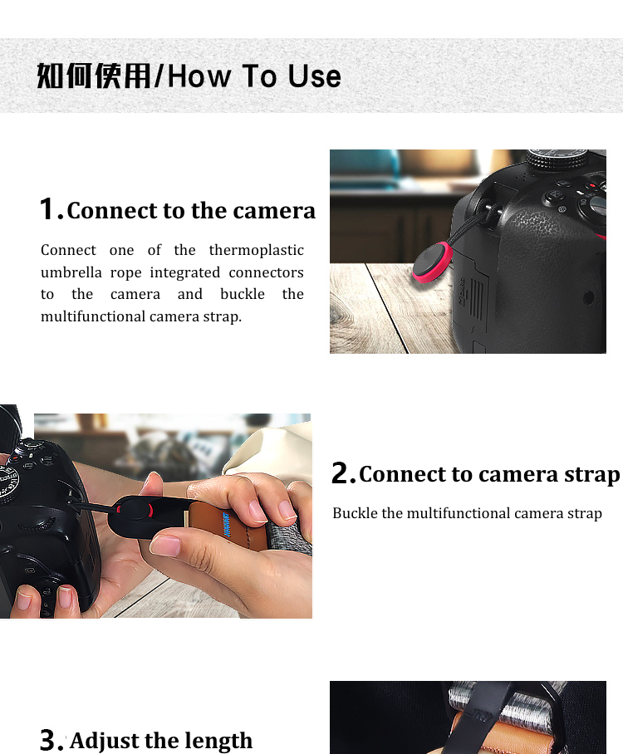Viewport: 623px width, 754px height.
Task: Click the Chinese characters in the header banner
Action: click(x=94, y=76)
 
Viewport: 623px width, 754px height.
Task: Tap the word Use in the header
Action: click(x=314, y=76)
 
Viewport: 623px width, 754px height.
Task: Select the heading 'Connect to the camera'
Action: click(x=191, y=211)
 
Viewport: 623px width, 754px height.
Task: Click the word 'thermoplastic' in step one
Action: click(x=256, y=250)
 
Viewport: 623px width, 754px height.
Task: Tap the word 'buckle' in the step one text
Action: click(x=243, y=294)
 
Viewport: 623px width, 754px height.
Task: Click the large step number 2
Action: click(x=342, y=474)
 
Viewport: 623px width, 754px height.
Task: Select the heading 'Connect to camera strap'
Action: click(x=489, y=474)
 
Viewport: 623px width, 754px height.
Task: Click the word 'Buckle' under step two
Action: click(x=355, y=513)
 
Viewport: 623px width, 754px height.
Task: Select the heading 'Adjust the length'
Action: click(x=161, y=740)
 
